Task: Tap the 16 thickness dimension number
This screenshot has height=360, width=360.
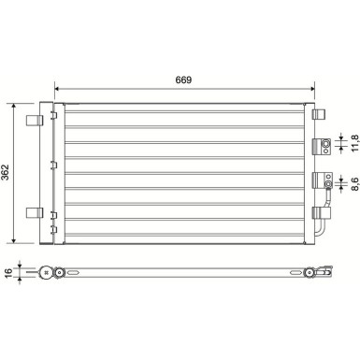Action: pyautogui.click(x=8, y=274)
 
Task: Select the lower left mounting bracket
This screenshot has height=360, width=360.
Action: pyautogui.click(x=36, y=211)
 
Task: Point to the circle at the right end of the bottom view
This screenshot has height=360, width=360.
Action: pyautogui.click(x=310, y=274)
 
